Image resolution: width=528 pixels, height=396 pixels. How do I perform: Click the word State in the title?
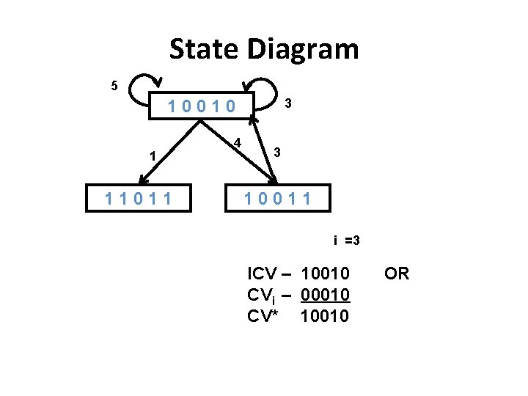205,50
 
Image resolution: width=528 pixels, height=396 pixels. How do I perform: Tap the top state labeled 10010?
202,107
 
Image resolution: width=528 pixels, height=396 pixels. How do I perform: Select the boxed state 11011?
139,198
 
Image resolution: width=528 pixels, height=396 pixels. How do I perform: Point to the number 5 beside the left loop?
114,87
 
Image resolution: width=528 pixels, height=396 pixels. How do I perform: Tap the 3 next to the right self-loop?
288,104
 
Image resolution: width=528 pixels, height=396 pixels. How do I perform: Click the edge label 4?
238,142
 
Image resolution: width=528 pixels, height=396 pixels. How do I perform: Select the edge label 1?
152,155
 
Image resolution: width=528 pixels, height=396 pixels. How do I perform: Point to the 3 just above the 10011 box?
276,153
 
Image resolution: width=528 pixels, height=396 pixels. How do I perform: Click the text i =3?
346,241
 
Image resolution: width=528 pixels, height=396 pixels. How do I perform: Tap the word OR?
397,274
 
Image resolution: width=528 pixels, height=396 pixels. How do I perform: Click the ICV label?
262,274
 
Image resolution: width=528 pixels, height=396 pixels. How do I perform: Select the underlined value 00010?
326,295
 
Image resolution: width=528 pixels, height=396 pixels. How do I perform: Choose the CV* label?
264,316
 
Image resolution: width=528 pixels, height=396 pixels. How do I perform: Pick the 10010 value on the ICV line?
326,274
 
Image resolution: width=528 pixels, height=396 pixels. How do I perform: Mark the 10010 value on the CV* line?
326,316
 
